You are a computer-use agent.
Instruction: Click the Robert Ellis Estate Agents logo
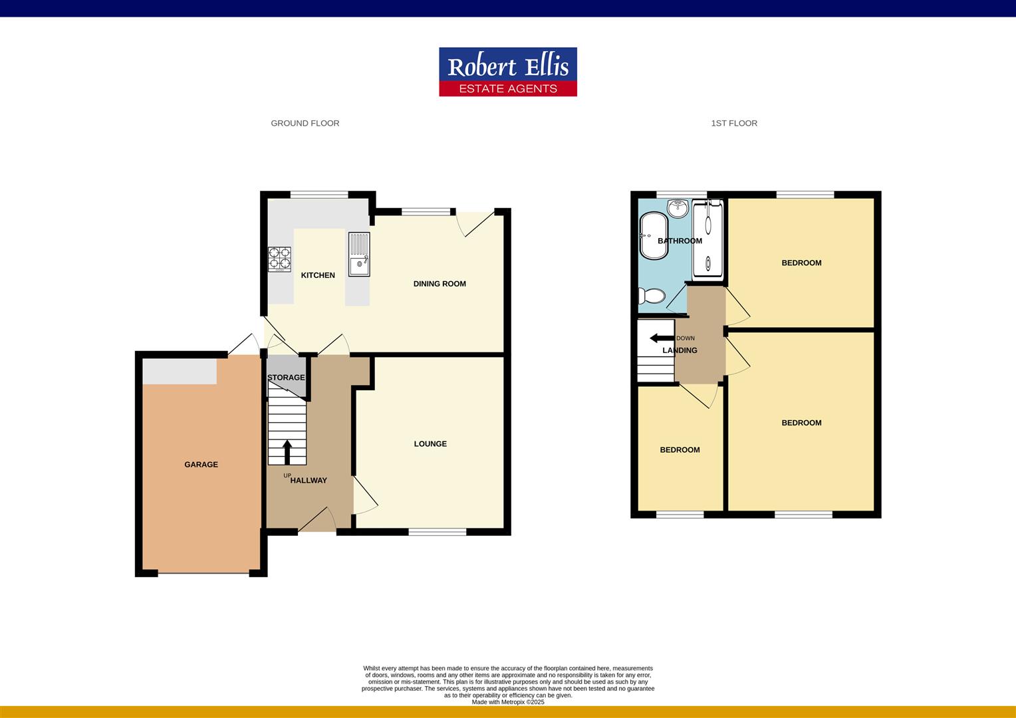507,72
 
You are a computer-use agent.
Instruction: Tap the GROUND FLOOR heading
305,123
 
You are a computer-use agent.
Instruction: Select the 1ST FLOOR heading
733,123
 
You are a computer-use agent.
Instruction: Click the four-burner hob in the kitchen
279,259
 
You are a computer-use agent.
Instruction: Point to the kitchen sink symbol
359,254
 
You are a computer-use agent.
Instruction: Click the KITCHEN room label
318,275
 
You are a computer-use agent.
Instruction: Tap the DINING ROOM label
440,284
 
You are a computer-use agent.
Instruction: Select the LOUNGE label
430,444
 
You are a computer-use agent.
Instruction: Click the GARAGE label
201,465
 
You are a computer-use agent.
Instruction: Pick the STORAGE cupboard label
286,378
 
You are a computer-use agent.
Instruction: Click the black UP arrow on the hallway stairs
287,452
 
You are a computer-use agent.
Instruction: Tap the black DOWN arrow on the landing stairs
662,338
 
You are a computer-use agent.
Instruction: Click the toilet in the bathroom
650,296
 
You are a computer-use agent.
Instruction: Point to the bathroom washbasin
678,207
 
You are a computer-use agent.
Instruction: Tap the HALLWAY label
309,481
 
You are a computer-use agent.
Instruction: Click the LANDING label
680,350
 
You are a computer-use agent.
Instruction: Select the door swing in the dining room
477,223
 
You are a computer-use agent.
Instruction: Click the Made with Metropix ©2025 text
507,702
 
